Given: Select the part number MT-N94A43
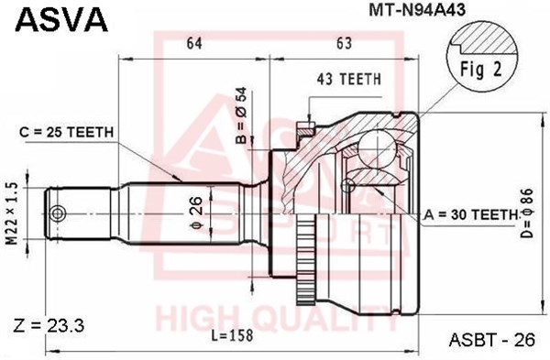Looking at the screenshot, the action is point(417,10).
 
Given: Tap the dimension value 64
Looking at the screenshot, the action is point(194,43).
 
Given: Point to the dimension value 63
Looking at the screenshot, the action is point(344,43).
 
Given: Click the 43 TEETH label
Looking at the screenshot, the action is point(348,79).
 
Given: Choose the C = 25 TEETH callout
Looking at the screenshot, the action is point(67,132).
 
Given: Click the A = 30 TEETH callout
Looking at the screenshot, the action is point(471,214).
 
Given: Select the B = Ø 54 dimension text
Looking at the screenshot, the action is point(242,115).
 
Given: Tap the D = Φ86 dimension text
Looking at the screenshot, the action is point(526,213).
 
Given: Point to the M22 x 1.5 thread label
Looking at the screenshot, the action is point(13,213).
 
